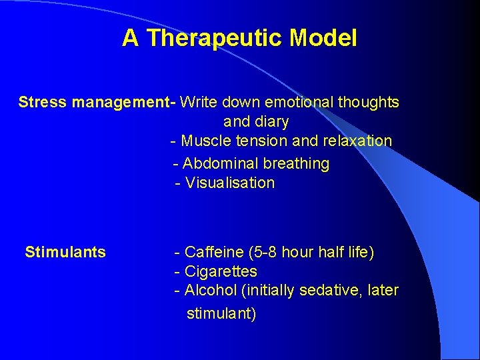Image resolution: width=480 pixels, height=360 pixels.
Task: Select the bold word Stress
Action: pyautogui.click(x=43, y=102)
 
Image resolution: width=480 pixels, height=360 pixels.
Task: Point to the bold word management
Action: pyautogui.click(x=121, y=102)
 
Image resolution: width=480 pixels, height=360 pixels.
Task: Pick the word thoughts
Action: pyautogui.click(x=368, y=102)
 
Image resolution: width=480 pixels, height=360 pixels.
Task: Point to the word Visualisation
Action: pyautogui.click(x=230, y=183)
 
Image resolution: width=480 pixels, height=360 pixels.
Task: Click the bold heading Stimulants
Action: pyautogui.click(x=65, y=252)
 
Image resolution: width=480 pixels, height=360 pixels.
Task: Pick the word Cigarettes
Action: pyautogui.click(x=221, y=271)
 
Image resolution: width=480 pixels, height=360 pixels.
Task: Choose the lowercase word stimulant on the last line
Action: pyautogui.click(x=221, y=313)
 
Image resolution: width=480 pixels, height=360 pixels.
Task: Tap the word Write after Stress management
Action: pyautogui.click(x=199, y=102)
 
